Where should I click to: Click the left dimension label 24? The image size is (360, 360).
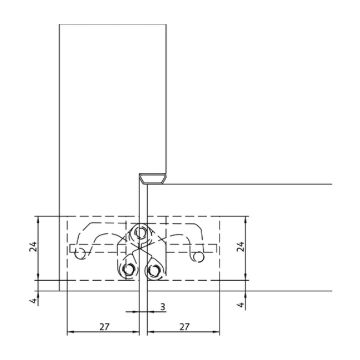(33, 246)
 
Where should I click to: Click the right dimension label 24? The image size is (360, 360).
(240, 246)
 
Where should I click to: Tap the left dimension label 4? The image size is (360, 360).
(34, 301)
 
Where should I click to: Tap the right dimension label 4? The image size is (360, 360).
(241, 305)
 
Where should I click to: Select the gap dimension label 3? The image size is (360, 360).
(162, 307)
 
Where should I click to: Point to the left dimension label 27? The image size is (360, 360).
(105, 326)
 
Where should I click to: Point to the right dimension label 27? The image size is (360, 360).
(184, 326)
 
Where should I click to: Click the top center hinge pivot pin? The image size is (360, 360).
(140, 233)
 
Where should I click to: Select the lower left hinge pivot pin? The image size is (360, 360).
(128, 269)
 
